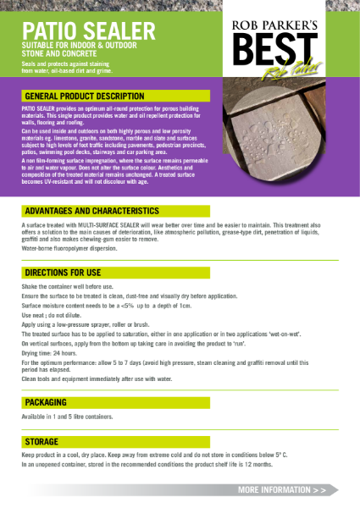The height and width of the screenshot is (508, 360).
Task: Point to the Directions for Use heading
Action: [x=64, y=274]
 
